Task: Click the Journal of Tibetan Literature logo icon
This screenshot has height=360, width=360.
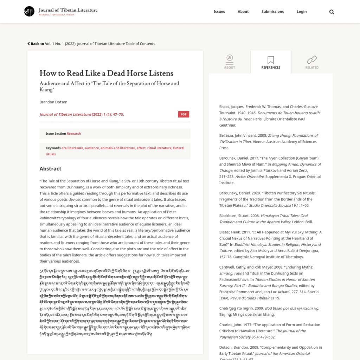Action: click(x=29, y=12)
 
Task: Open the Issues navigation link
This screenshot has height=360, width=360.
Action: click(x=219, y=12)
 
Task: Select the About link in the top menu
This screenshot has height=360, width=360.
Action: click(x=243, y=12)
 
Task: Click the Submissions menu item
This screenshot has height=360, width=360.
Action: click(x=272, y=12)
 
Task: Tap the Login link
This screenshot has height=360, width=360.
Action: click(x=301, y=12)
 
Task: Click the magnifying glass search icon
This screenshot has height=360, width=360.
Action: click(x=332, y=12)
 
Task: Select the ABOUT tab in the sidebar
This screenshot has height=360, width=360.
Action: click(x=230, y=62)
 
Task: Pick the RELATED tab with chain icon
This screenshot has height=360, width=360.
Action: click(x=311, y=62)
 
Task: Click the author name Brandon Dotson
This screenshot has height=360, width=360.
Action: click(x=53, y=102)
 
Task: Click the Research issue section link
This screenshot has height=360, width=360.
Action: click(x=74, y=134)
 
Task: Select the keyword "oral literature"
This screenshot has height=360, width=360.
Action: click(x=72, y=148)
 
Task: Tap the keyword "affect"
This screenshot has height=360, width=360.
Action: click(x=141, y=148)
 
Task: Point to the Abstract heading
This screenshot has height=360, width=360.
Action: click(x=50, y=169)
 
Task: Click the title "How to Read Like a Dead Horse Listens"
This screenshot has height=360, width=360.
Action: click(x=106, y=73)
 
